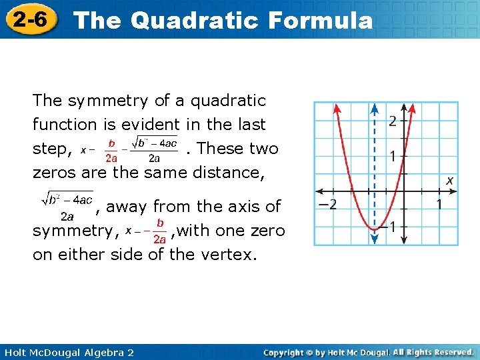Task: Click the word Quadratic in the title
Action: coord(195,21)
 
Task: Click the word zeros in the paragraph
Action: coord(55,173)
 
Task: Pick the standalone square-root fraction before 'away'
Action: coord(67,206)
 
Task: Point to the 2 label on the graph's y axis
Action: coord(393,121)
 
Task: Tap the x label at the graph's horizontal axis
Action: coord(450,181)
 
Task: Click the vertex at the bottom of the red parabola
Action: coord(375,229)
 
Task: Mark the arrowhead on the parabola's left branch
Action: coord(337,109)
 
